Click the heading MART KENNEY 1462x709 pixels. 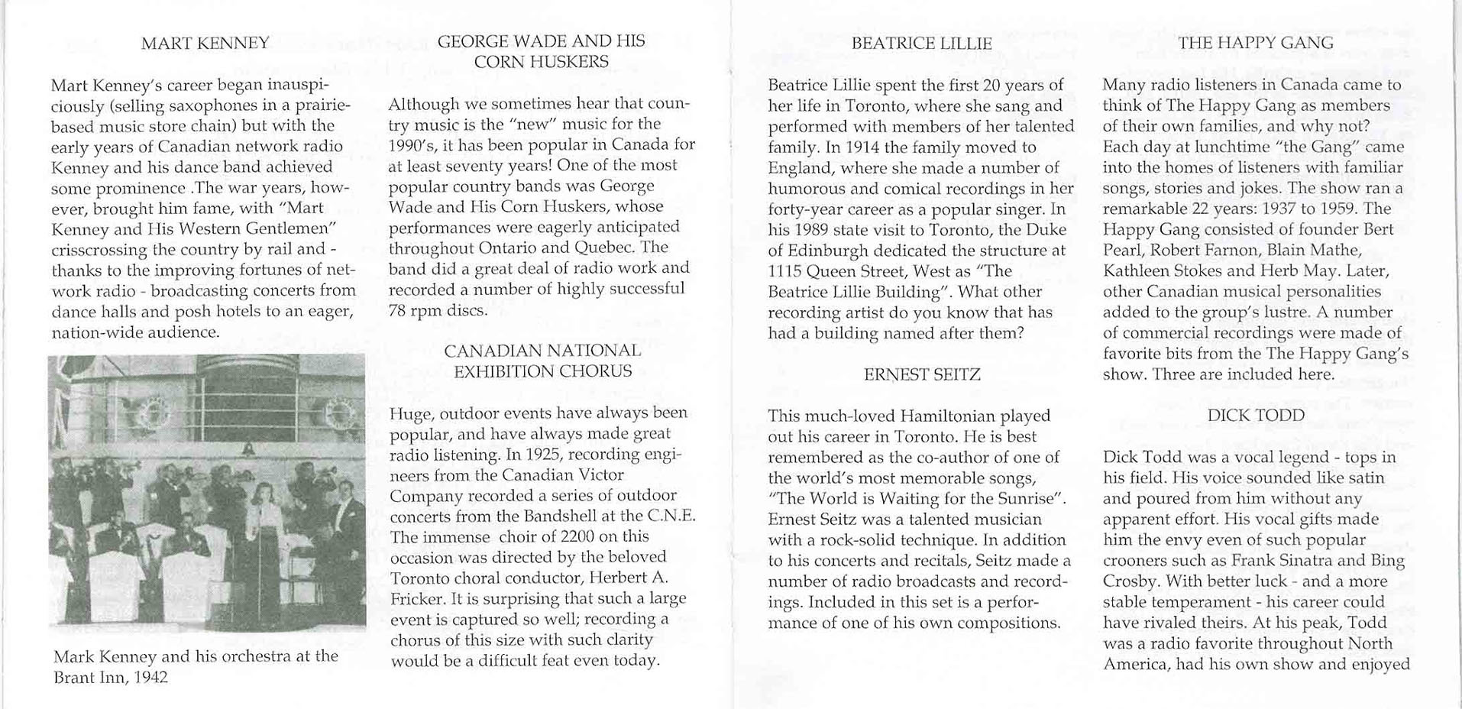205,43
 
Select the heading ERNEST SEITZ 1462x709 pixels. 921,374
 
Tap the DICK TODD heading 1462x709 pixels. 1256,416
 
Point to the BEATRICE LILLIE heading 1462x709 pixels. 921,44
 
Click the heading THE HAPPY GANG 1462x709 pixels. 1255,43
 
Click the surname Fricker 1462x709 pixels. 419,598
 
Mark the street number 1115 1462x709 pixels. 784,271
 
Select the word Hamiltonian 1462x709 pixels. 947,416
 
